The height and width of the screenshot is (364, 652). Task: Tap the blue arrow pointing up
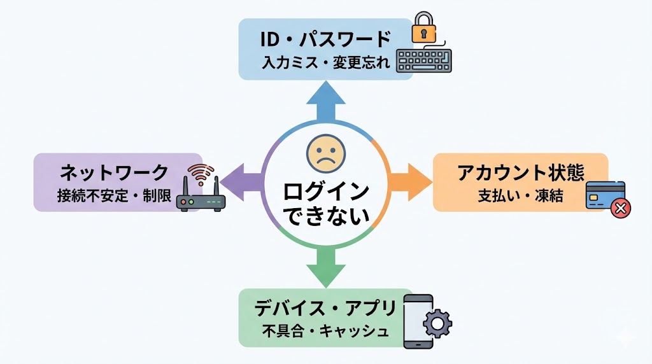pyautogui.click(x=325, y=101)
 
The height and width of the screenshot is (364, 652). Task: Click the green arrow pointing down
pyautogui.click(x=325, y=267)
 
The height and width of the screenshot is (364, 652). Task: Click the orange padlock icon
pyautogui.click(x=421, y=29)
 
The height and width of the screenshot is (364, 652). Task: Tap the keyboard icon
pyautogui.click(x=424, y=60)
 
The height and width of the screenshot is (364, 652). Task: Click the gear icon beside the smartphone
pyautogui.click(x=437, y=323)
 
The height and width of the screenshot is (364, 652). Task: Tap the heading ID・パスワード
pyautogui.click(x=325, y=39)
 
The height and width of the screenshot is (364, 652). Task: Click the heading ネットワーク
pyautogui.click(x=115, y=172)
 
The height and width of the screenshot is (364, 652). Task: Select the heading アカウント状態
pyautogui.click(x=521, y=172)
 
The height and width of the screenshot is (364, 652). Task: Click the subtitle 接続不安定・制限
pyautogui.click(x=115, y=195)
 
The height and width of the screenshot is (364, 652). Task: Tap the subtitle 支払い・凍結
pyautogui.click(x=521, y=195)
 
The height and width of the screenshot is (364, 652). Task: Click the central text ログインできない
pyautogui.click(x=325, y=202)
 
